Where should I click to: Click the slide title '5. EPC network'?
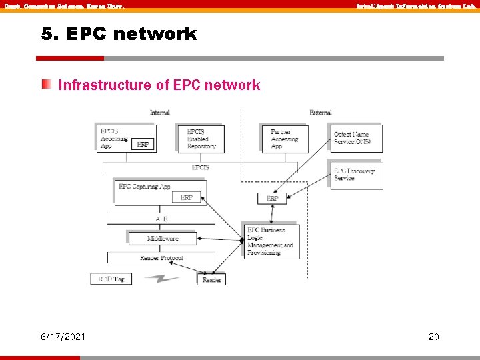119,34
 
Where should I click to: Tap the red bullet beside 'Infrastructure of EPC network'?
46,85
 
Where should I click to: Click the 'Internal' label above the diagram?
159,113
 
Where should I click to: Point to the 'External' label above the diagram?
321,113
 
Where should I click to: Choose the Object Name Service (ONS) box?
356,139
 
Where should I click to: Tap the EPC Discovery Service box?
356,175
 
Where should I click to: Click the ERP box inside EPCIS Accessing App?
143,144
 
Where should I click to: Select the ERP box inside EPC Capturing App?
187,197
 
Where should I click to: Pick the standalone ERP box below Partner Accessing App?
272,199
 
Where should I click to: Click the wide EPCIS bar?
200,167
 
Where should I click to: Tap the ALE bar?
161,219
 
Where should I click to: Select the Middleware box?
163,238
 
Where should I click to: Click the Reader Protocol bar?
161,257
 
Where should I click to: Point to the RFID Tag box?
111,279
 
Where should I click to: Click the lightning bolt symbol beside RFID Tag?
162,279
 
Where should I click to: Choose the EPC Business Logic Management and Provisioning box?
271,241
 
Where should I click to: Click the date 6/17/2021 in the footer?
63,337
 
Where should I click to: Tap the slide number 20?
433,337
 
